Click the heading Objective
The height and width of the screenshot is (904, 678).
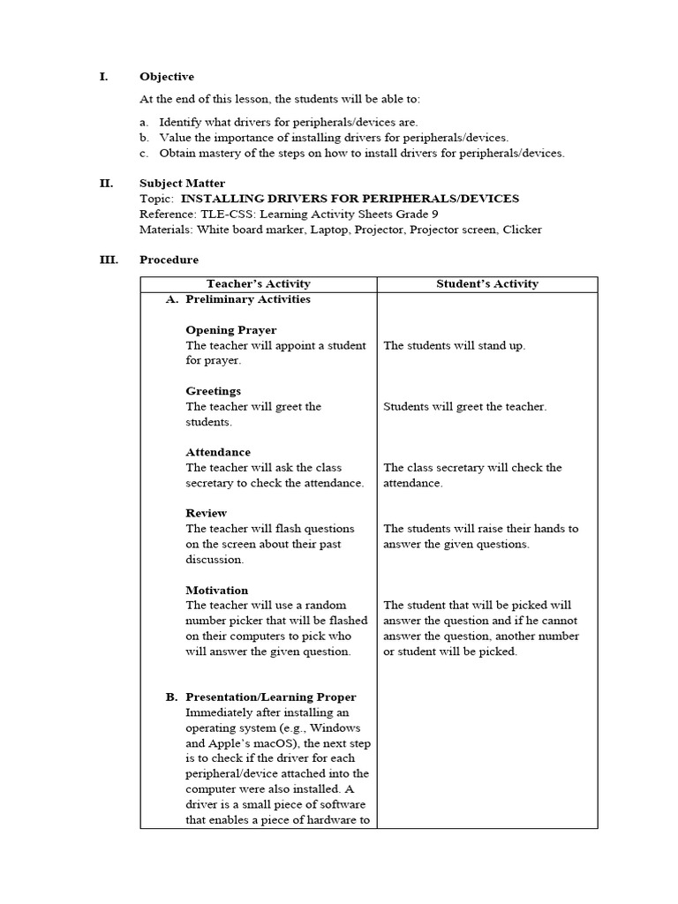167,77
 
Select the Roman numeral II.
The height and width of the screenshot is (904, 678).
106,184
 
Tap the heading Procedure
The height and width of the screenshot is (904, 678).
169,260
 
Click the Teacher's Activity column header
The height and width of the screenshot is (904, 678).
258,283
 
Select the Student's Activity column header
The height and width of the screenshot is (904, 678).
487,283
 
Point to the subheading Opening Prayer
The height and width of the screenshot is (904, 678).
230,330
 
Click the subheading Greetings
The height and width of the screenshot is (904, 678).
213,391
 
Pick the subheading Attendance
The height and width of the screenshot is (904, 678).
218,452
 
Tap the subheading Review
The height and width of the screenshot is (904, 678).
206,513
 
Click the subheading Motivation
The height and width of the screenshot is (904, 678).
216,590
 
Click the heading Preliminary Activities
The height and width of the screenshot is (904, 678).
247,299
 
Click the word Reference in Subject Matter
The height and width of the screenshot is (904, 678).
165,215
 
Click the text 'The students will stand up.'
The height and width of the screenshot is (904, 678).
454,345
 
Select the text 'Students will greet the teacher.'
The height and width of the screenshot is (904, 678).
464,407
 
